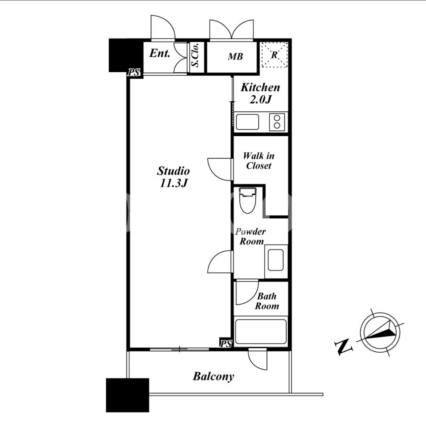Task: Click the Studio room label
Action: point(174,171)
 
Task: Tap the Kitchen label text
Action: point(260,88)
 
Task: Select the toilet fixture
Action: point(248,200)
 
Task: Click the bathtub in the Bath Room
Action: point(261,331)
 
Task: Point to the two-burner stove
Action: point(277,122)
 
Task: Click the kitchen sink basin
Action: point(247,122)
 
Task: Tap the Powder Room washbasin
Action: point(276,260)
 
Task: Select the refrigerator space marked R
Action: point(274,55)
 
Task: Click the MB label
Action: point(235,57)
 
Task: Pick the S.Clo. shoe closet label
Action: point(195,55)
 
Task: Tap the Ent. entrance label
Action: point(160,53)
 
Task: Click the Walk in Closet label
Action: point(259,161)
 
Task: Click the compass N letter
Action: point(343,347)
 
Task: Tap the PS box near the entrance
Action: point(134,72)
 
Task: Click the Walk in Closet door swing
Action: point(220,169)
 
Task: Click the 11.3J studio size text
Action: point(174,183)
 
